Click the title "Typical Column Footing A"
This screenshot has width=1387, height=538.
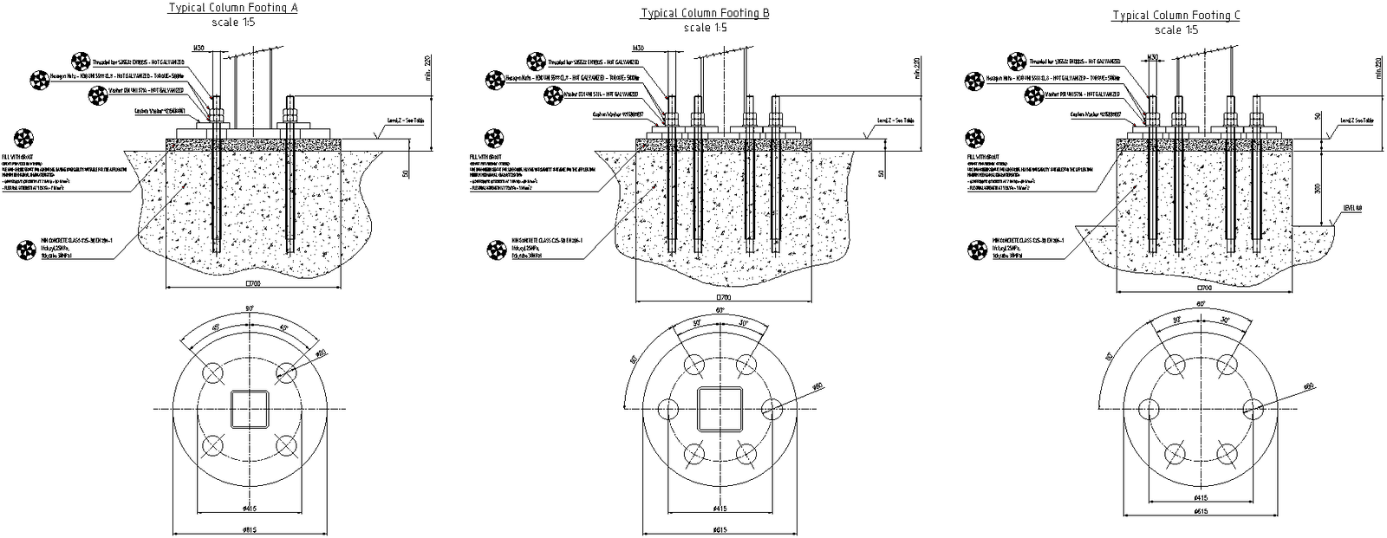(231, 8)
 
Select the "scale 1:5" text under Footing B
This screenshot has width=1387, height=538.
(705, 28)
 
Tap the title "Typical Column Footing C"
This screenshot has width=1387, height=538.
(1176, 15)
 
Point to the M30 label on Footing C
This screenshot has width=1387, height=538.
(1153, 57)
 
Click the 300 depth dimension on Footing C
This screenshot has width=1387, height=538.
(1318, 188)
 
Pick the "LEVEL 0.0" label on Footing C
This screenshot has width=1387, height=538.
(1352, 208)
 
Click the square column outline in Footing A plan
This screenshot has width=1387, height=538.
(250, 408)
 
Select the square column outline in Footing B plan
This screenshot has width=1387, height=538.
(720, 408)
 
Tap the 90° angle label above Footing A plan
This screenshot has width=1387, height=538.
(250, 308)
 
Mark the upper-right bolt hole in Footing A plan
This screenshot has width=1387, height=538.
(286, 373)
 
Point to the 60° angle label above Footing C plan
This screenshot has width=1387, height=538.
(1201, 305)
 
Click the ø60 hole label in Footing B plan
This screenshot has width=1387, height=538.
(818, 386)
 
